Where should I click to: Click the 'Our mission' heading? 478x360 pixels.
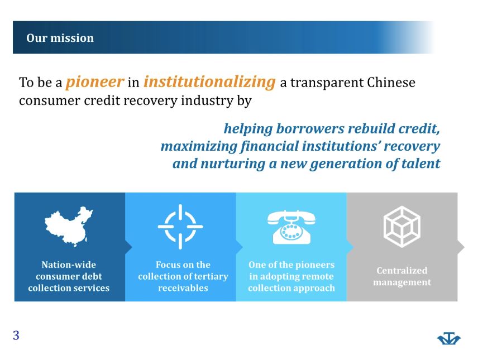[x=60, y=38]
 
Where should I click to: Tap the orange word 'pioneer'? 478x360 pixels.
[x=95, y=82]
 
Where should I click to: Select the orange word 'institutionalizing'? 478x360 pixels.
[x=209, y=82]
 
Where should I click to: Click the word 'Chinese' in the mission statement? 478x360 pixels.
[x=391, y=82]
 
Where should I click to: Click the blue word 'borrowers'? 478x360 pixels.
[x=310, y=128]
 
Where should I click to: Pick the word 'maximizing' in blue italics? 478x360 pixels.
[x=199, y=146]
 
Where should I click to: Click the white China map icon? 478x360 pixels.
[x=69, y=226]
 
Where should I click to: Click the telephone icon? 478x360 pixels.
[x=291, y=227]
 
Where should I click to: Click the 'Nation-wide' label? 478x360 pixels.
[x=69, y=265]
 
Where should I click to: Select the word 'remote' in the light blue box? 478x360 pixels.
[x=318, y=276]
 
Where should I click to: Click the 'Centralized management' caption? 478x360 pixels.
[x=402, y=276]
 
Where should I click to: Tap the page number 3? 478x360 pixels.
[x=16, y=335]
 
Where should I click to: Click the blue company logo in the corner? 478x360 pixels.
[x=449, y=338]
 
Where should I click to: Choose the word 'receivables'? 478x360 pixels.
[x=183, y=288]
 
